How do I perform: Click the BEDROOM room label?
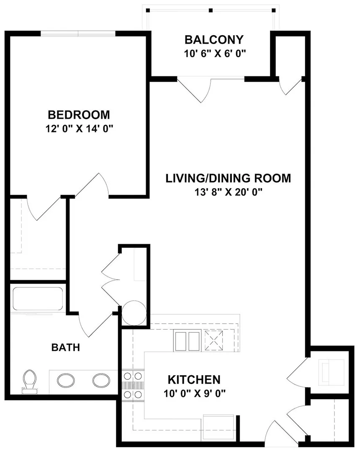click(79, 115)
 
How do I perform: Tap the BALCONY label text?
click(214, 40)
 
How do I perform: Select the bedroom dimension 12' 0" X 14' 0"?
click(79, 129)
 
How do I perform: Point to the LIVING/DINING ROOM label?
click(228, 178)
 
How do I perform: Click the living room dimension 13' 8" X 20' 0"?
click(228, 192)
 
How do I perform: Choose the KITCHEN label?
click(194, 379)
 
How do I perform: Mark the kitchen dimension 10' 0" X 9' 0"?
click(195, 394)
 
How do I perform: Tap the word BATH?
click(66, 347)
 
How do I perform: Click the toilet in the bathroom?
click(30, 382)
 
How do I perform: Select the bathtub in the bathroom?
click(38, 299)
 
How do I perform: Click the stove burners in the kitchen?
click(133, 385)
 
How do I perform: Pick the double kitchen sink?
click(187, 341)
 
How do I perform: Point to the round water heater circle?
click(134, 313)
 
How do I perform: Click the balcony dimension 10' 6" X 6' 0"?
click(215, 54)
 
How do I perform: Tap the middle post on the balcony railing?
click(211, 10)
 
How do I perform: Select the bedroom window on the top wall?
click(78, 34)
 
